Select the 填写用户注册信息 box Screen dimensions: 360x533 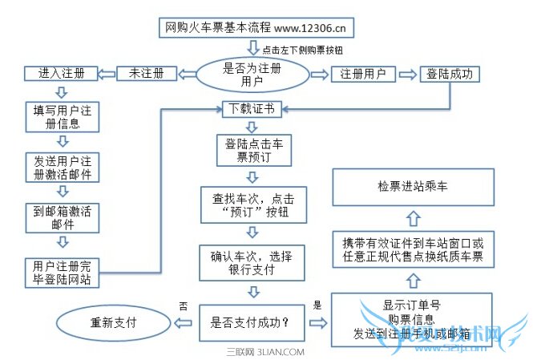coord(62,117)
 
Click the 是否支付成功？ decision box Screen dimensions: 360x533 coord(251,324)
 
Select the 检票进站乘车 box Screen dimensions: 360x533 coord(413,186)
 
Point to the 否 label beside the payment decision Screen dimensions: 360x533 coord(184,305)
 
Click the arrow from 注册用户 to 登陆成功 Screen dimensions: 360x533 coord(408,74)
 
